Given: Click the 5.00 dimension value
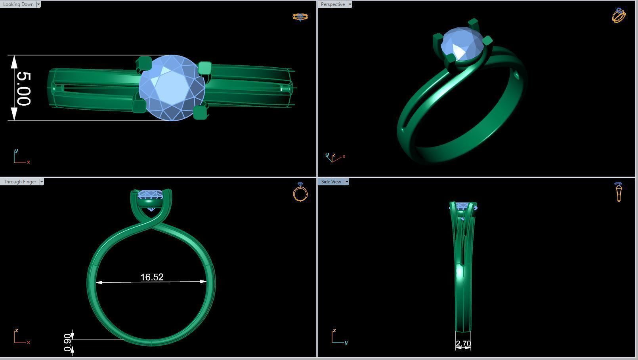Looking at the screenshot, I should tap(23, 88).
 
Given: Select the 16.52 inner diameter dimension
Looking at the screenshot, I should tap(152, 277).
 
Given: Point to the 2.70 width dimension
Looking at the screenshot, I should tap(463, 344).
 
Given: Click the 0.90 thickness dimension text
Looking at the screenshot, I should tap(67, 343).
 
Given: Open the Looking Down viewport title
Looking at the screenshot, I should tap(18, 4).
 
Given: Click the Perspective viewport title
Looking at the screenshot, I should tap(332, 4).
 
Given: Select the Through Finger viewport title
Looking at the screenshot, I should tap(20, 182).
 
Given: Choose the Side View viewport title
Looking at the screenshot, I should tap(331, 182).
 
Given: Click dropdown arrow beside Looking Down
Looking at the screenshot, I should tap(38, 4).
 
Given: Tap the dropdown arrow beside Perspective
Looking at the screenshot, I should tap(350, 4).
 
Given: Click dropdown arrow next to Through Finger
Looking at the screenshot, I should tap(42, 182).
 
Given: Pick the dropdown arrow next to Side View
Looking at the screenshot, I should tap(347, 182).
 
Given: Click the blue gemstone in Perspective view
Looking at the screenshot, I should tap(462, 43).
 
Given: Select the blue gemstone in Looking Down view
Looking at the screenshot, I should tap(172, 88).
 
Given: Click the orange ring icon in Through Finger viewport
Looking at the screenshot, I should tap(300, 192).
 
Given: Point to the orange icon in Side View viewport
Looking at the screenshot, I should tap(619, 192).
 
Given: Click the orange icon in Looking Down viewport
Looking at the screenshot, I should tap(300, 17).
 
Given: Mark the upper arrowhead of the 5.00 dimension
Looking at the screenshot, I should tap(14, 61).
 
